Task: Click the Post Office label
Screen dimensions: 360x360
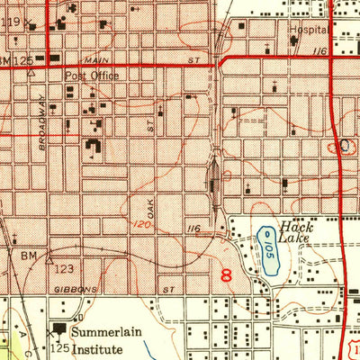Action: (x=91, y=76)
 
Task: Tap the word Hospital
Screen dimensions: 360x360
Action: (x=307, y=28)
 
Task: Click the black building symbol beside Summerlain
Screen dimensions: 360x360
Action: (x=61, y=330)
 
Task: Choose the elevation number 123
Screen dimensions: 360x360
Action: (x=63, y=268)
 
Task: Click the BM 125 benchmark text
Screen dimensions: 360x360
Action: (x=17, y=60)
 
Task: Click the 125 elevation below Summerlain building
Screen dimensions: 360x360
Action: (x=59, y=346)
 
